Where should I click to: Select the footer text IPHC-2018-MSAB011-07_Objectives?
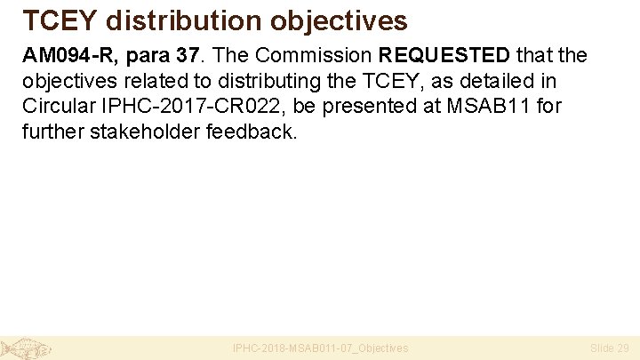point(320,348)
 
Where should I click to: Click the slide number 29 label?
point(609,348)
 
